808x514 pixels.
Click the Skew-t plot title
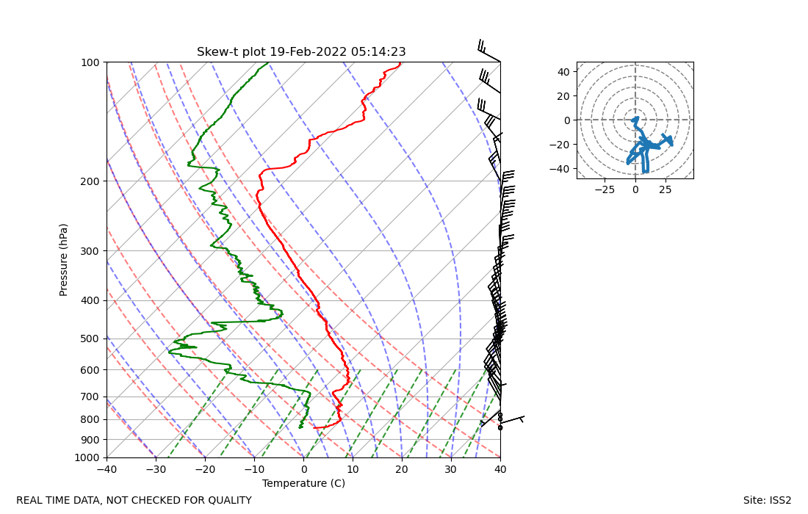pos(301,52)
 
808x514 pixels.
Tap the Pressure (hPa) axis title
pos(64,260)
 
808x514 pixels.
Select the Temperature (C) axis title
pos(303,483)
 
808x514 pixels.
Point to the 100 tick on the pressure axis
pos(90,62)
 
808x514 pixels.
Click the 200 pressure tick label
pos(90,181)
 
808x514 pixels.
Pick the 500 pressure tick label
pos(90,339)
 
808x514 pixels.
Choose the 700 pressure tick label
pos(90,397)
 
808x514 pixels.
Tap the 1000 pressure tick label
pos(88,458)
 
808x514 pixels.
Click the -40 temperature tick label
pos(107,469)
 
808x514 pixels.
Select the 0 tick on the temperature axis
pos(303,469)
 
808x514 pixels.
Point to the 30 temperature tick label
pos(451,469)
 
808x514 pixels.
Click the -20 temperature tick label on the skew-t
pos(205,469)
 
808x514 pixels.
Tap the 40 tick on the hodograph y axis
pos(563,72)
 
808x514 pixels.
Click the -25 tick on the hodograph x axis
pos(605,189)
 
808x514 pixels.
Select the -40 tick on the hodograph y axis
pos(561,169)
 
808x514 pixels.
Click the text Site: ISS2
pos(767,501)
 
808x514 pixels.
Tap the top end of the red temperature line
pos(400,64)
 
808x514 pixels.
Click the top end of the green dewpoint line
pos(267,64)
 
